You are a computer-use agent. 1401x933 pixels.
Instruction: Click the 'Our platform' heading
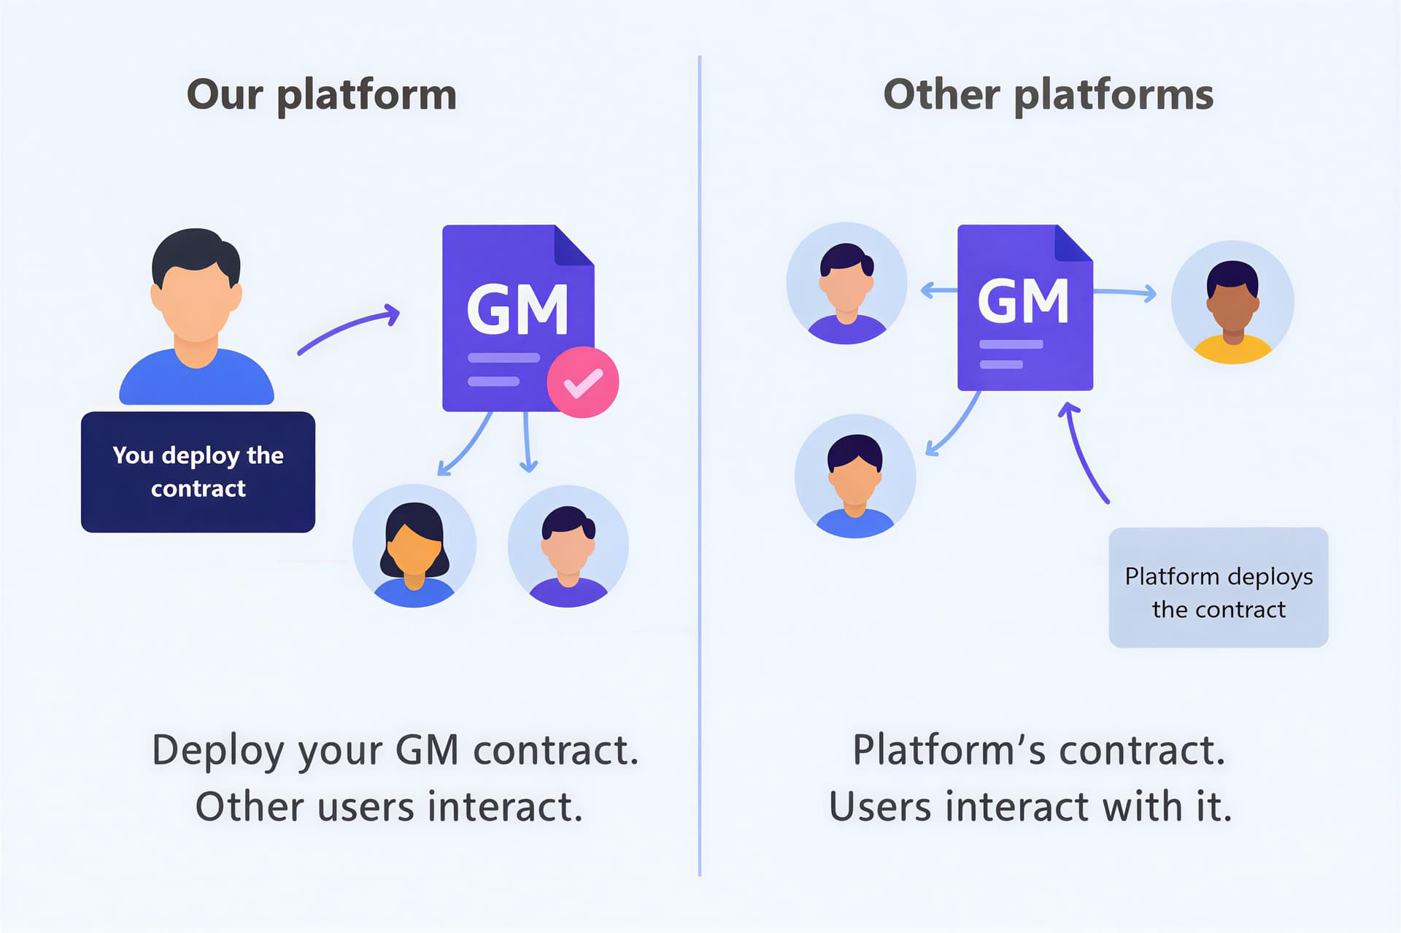322,95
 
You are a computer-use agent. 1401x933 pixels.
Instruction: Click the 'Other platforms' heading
1048,95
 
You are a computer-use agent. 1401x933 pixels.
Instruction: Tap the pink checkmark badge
583,382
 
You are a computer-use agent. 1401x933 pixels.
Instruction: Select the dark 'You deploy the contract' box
198,472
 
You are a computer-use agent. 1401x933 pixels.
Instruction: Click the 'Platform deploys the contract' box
1218,587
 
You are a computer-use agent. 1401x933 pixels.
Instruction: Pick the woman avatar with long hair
414,546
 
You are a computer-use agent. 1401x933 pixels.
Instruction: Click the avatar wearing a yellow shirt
1232,303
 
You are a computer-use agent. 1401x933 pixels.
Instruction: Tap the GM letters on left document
517,310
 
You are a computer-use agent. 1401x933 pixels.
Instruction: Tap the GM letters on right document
1023,301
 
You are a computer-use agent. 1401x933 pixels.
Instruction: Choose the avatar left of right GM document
846,283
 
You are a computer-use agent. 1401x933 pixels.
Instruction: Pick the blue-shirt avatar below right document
854,476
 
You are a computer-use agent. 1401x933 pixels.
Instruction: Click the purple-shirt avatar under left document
568,546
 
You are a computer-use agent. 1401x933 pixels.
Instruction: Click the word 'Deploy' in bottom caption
217,750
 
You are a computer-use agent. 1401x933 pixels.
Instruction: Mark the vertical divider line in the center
699,467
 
